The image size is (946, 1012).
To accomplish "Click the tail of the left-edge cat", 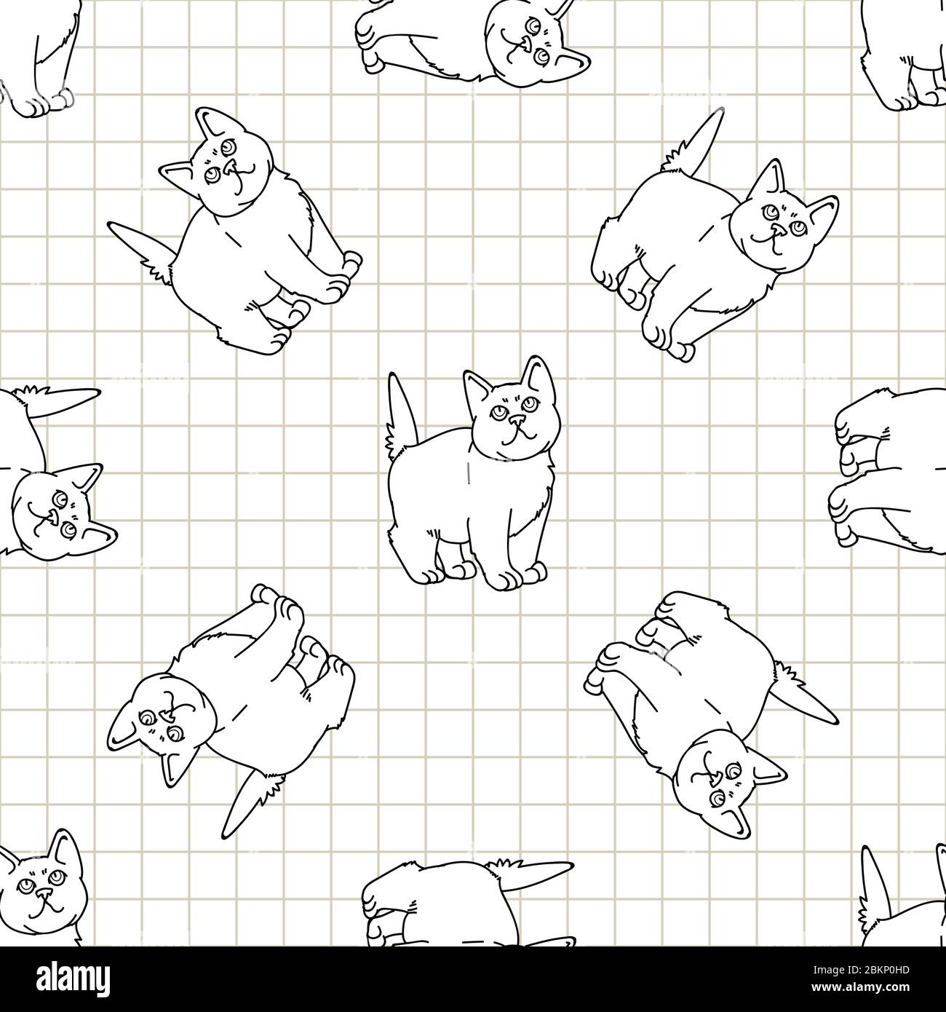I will [69, 398].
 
